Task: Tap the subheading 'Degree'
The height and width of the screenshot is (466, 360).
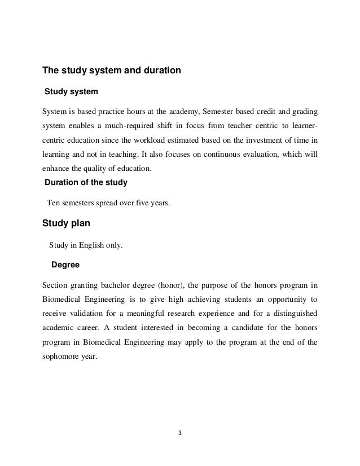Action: pyautogui.click(x=65, y=263)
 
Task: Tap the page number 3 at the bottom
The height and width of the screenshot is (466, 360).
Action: pyautogui.click(x=180, y=435)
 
